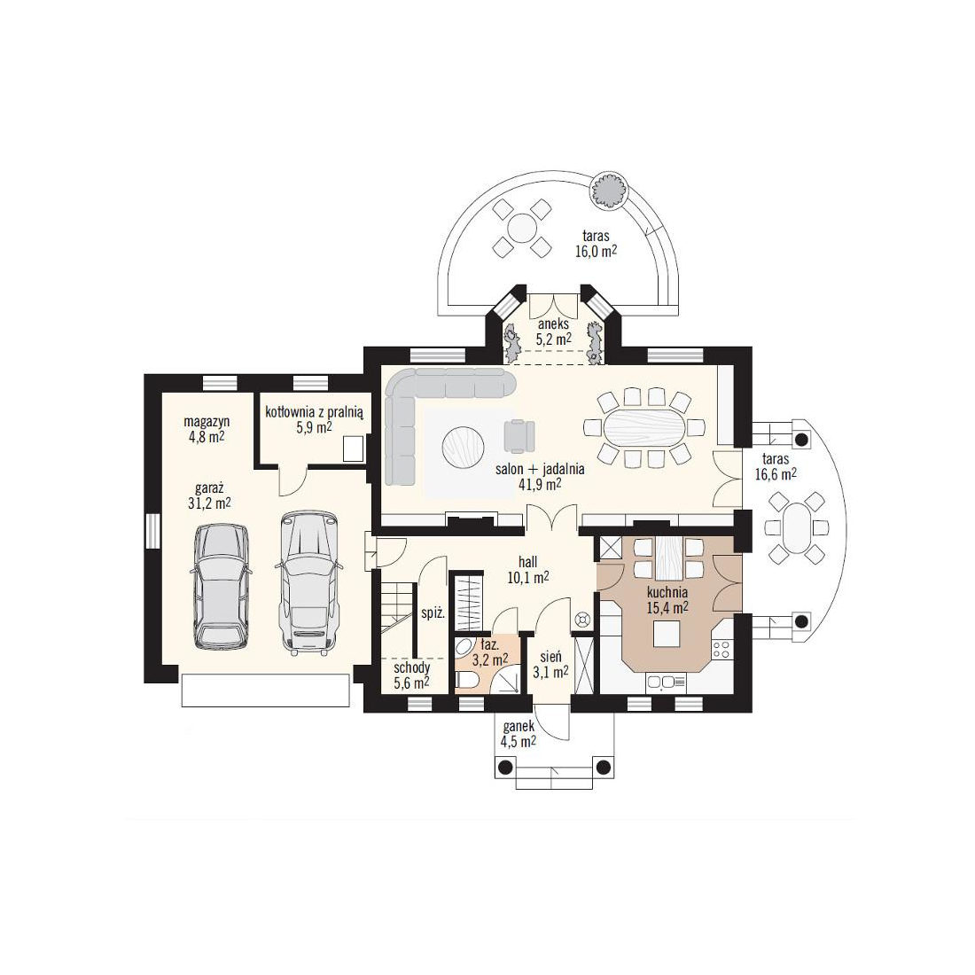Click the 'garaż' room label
point(209,488)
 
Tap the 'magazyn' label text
point(207,422)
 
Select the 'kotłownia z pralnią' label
point(314,411)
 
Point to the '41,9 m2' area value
point(540,484)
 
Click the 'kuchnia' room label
point(667,592)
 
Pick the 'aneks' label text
point(553,324)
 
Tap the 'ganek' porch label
point(519,726)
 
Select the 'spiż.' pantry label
point(433,613)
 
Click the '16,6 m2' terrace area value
point(776,474)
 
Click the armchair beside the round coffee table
point(519,436)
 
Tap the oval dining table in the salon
point(643,428)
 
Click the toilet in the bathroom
point(467,682)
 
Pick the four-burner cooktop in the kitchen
point(721,650)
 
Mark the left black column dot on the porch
point(506,766)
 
